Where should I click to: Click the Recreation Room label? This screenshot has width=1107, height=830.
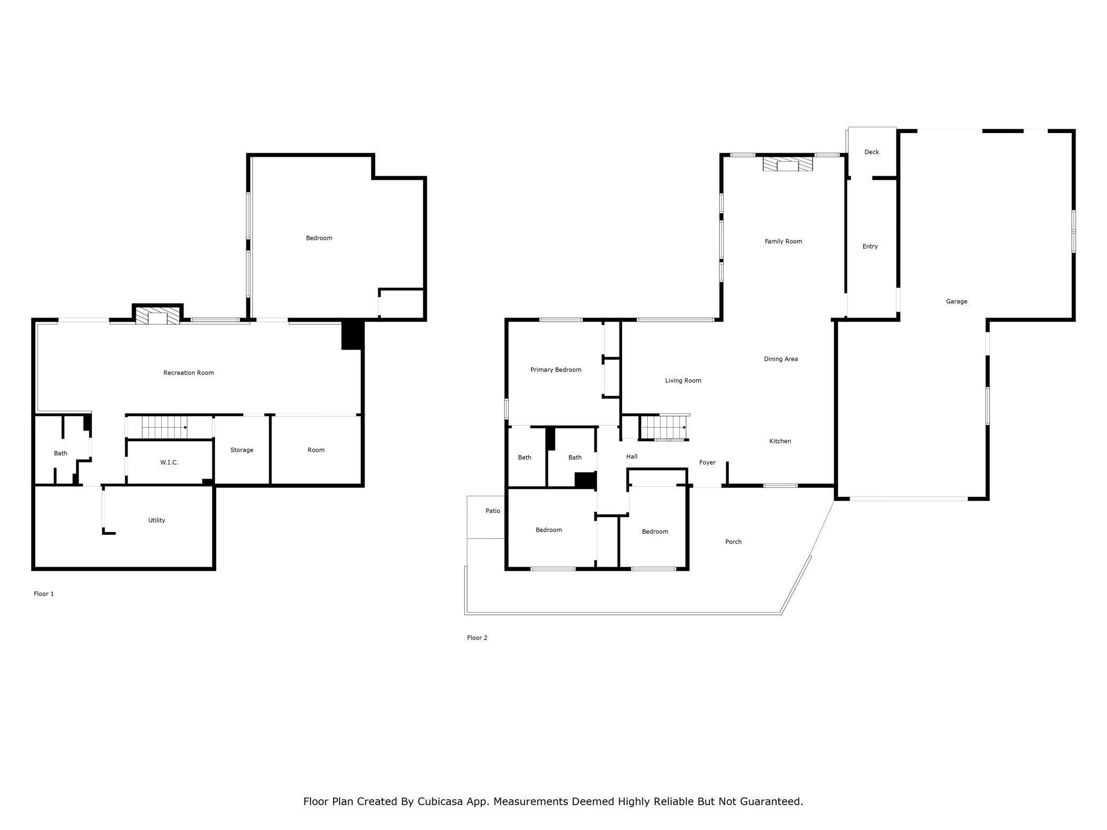[x=188, y=373]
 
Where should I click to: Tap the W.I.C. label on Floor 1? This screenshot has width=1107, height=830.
[x=169, y=463]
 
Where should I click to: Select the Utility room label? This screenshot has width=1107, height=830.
[x=156, y=520]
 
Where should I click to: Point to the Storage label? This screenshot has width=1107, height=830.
[x=242, y=450]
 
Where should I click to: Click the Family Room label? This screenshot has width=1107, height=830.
[x=783, y=242]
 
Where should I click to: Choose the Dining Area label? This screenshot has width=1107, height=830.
[x=781, y=359]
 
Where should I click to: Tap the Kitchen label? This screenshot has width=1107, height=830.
[x=780, y=441]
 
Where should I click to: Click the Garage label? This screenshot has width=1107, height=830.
[x=956, y=302]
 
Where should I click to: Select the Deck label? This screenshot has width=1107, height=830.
[x=872, y=152]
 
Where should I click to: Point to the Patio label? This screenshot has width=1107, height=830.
[x=493, y=511]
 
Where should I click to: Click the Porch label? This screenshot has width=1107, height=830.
[x=733, y=542]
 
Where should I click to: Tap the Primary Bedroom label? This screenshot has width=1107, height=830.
[x=556, y=370]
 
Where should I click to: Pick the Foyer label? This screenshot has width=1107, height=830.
[x=707, y=463]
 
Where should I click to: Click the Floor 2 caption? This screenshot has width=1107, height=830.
[x=477, y=638]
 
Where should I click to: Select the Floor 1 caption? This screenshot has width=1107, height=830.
[x=44, y=594]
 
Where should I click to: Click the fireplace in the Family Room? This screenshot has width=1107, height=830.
[x=788, y=164]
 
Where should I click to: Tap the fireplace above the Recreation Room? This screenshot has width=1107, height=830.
[x=158, y=316]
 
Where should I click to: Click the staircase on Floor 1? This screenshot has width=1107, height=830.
[x=164, y=427]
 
